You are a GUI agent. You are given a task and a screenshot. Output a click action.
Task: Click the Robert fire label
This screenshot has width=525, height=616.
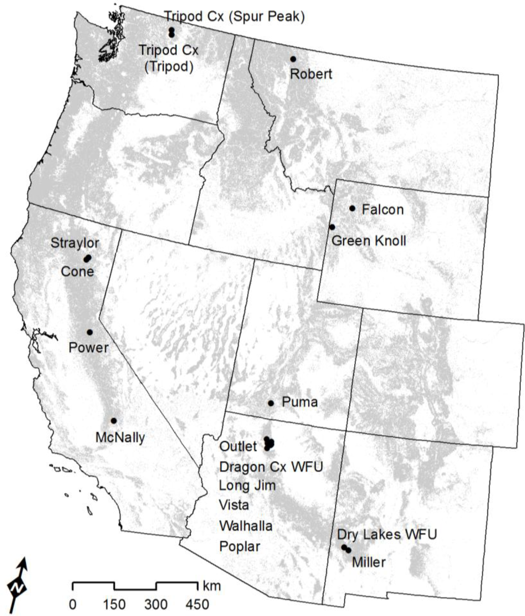point(311,74)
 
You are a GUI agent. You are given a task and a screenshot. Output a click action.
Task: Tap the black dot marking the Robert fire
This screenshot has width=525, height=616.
point(293,59)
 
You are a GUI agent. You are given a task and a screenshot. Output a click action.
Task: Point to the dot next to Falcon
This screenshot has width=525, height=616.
point(352,208)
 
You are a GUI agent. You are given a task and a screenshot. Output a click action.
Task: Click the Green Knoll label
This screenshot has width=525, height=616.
point(369,240)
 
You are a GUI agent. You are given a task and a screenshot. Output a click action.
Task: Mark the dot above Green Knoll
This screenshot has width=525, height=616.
point(332,227)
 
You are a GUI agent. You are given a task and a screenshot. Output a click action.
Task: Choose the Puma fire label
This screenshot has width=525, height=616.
point(300,402)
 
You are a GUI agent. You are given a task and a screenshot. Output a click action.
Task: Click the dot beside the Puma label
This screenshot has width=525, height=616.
point(271,403)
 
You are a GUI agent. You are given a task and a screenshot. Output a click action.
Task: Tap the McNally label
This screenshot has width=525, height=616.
point(120,437)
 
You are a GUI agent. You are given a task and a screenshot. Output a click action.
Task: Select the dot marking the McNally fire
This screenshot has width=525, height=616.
point(114,421)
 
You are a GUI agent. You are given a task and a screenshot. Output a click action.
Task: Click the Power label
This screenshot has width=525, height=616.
point(89,348)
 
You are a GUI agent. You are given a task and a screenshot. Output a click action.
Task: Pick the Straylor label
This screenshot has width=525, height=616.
point(75,243)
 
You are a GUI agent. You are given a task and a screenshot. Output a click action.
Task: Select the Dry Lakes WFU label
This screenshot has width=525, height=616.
point(387,534)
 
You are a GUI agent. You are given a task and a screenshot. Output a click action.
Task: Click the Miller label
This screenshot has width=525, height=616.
point(369,562)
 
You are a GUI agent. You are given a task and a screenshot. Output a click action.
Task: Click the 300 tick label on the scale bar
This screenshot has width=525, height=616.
point(156,604)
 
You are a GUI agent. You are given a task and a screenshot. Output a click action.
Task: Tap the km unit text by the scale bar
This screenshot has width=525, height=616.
point(212,586)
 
